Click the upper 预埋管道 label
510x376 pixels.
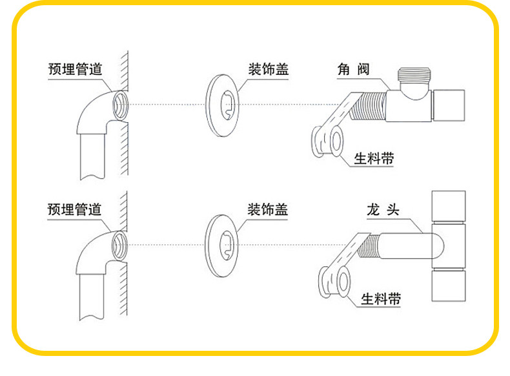coord(75,68)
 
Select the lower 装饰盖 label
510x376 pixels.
coord(267,209)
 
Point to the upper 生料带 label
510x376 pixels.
coord(374,159)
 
